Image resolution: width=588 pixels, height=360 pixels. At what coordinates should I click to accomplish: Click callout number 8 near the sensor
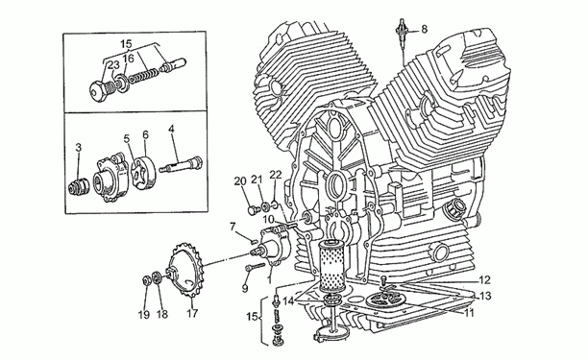(424, 29)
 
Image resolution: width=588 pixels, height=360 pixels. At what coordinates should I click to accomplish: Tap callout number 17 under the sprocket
(192, 313)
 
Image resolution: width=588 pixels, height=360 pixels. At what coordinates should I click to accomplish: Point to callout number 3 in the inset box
(78, 147)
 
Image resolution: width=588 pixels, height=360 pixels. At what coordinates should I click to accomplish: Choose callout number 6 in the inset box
(145, 134)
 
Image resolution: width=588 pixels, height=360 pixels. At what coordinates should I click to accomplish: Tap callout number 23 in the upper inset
(113, 65)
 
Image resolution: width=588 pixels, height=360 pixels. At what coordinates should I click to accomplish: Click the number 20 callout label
(240, 181)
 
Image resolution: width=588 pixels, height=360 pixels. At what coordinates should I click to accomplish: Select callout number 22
(275, 175)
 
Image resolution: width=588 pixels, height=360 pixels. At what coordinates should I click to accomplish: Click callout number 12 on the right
(484, 279)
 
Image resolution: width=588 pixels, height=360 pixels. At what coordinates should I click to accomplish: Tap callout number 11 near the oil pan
(469, 312)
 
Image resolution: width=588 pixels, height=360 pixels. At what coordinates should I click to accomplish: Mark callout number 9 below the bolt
(245, 288)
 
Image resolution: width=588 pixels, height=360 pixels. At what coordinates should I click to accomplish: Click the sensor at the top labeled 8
(403, 33)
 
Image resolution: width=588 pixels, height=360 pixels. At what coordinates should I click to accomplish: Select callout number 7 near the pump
(233, 227)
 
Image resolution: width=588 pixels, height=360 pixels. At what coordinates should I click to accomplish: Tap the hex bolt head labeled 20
(253, 210)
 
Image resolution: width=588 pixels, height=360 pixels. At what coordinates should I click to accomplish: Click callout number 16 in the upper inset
(128, 59)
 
